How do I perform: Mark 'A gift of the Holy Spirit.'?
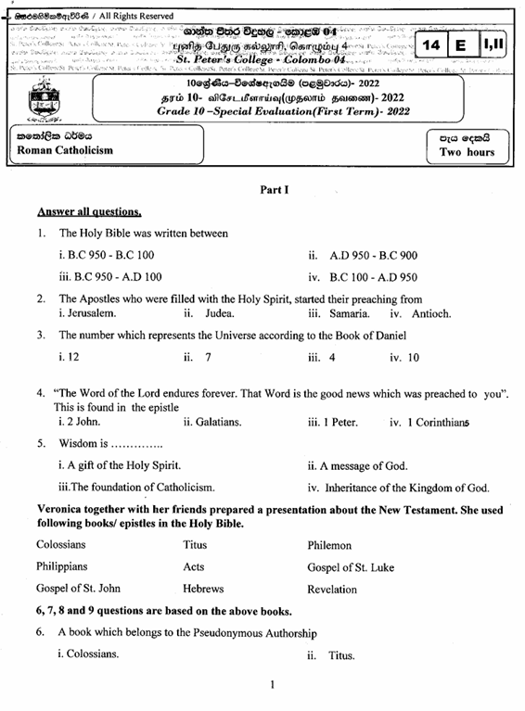119,465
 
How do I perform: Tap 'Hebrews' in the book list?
203,589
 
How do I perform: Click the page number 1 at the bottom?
271,685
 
